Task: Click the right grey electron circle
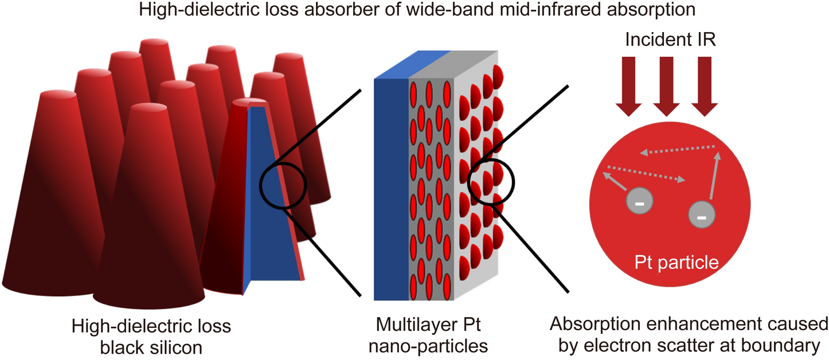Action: [x=701, y=216]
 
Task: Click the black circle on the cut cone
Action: [x=283, y=185]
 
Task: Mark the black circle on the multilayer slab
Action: [x=491, y=182]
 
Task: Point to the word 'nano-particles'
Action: [x=429, y=346]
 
